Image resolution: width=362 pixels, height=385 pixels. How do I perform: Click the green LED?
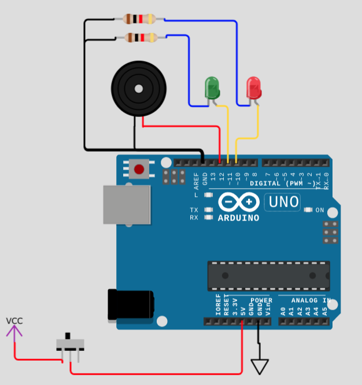[x=212, y=88]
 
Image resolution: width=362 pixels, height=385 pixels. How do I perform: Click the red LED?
[x=253, y=88]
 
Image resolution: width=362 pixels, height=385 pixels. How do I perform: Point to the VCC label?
[x=15, y=321]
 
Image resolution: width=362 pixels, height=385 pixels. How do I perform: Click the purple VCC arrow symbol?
[x=14, y=331]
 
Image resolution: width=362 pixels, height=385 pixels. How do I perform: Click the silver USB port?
[x=126, y=204]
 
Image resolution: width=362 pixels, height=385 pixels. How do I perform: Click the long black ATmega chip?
[x=269, y=276]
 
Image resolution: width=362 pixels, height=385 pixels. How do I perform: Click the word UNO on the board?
[x=282, y=202]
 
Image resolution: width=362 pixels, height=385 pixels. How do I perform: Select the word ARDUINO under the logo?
[x=238, y=218]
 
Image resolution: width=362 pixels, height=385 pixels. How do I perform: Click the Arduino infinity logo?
[x=238, y=202]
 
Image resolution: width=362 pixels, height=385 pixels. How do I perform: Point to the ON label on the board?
[x=319, y=210]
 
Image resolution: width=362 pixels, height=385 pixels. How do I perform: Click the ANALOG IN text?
[x=311, y=301]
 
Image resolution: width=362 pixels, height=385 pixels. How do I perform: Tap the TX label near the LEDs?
[x=194, y=210]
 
